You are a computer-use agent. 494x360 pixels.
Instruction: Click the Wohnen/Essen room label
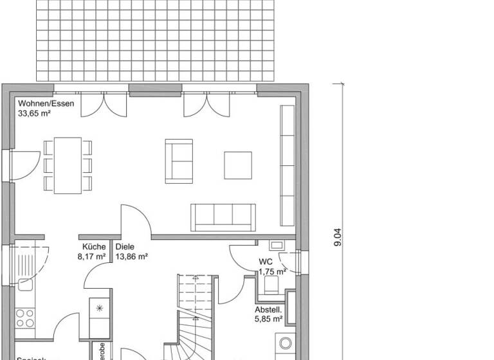click(46, 104)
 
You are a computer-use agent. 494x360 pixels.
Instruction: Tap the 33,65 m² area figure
click(35, 113)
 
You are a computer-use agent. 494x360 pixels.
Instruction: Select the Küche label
click(94, 246)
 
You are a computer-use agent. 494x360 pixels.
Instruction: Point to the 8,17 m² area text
click(91, 256)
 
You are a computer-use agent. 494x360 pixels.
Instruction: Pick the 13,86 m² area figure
click(132, 256)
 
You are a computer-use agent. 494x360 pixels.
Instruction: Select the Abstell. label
click(268, 309)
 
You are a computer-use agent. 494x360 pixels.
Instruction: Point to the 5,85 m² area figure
click(269, 318)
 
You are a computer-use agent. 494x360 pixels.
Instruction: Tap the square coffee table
click(238, 165)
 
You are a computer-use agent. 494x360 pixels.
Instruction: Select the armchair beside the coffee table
click(178, 160)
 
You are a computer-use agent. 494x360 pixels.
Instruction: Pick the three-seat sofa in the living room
click(223, 217)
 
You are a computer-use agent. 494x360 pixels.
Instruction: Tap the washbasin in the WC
click(277, 245)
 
